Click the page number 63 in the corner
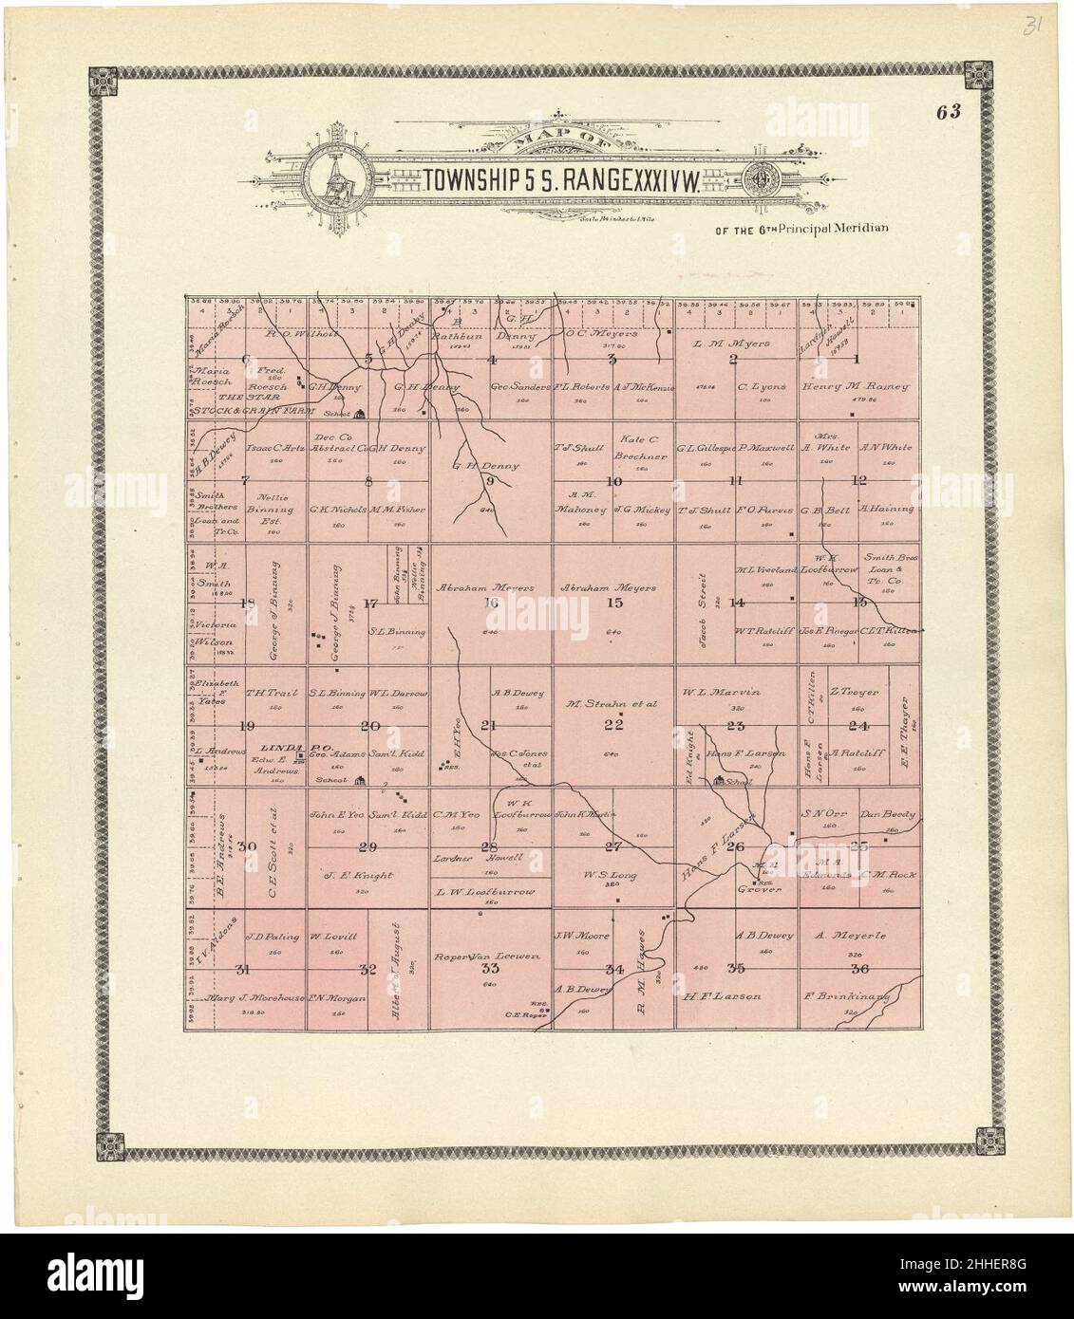[948, 111]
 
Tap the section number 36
[860, 969]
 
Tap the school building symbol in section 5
[360, 413]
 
